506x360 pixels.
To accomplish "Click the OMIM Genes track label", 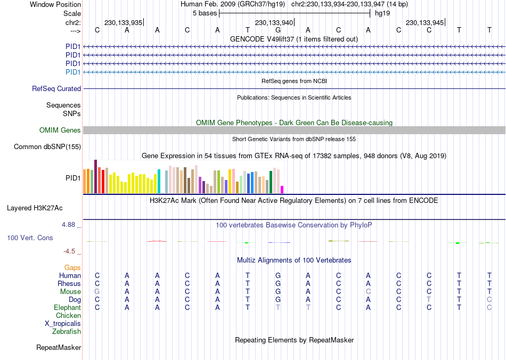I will (x=60, y=130).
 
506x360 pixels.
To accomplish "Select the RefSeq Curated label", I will (x=56, y=89).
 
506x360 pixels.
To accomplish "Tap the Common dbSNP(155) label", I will (x=47, y=147).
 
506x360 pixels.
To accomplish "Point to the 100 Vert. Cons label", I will (x=30, y=238).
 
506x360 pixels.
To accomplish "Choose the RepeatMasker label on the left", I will (x=59, y=348).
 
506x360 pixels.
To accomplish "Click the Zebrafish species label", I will (x=67, y=332).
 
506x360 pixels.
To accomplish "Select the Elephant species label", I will (x=67, y=308).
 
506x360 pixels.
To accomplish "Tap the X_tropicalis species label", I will (x=63, y=324).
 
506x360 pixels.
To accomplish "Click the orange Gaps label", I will (x=72, y=267).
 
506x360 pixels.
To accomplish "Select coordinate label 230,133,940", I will (x=274, y=23).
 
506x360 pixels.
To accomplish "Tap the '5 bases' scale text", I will (x=205, y=13).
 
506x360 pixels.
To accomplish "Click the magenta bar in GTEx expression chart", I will (x=282, y=190).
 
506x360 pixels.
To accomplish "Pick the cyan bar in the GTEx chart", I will (x=159, y=181).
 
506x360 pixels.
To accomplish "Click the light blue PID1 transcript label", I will (x=73, y=72).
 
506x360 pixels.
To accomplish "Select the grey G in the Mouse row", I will (x=97, y=292).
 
